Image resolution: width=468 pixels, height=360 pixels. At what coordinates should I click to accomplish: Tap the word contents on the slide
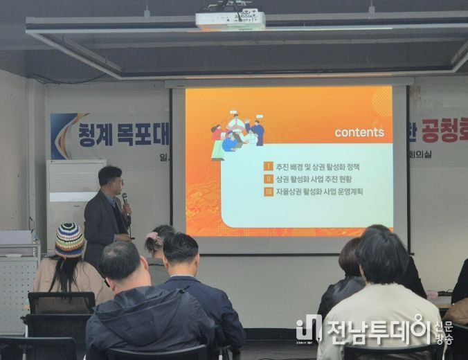click(359, 132)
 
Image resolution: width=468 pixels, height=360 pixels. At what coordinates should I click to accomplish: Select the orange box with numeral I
click(268, 167)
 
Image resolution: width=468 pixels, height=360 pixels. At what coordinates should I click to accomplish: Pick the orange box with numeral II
click(268, 179)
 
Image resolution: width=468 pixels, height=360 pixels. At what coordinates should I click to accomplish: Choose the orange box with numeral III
click(268, 192)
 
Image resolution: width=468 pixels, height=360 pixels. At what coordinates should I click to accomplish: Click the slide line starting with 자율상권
click(319, 192)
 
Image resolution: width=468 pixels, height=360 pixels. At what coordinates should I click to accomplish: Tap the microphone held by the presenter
click(125, 201)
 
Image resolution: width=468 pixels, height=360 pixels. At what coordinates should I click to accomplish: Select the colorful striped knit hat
click(69, 240)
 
